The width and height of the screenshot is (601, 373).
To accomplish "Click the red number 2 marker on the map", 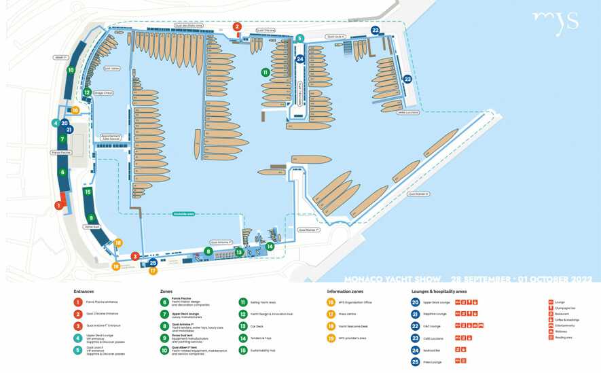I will [x=237, y=27].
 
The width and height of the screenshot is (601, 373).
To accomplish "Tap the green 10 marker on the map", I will [x=71, y=69].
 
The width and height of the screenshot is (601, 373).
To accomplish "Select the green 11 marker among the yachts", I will [x=266, y=72].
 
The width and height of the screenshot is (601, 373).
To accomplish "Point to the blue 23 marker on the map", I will [x=407, y=79].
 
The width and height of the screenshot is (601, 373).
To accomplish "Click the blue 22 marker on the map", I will [x=376, y=31].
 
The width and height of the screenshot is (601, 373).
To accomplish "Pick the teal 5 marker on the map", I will [x=299, y=39].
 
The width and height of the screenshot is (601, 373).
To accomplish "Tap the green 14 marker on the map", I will [x=270, y=247].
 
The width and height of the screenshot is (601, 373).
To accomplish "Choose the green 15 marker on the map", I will [x=88, y=192].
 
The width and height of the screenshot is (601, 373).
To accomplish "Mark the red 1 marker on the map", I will [x=58, y=205].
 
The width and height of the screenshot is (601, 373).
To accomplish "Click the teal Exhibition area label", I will [x=184, y=213].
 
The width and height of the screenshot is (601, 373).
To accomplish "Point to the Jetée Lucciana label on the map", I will [x=408, y=112].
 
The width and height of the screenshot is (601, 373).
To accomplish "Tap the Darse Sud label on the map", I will [x=92, y=226].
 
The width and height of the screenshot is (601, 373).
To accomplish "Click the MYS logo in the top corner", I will [x=555, y=22].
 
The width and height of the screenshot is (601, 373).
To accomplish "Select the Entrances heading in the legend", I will [x=84, y=291].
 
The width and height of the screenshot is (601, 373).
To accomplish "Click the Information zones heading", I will [x=346, y=291].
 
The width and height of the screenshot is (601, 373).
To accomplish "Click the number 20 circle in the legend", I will [x=416, y=302].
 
